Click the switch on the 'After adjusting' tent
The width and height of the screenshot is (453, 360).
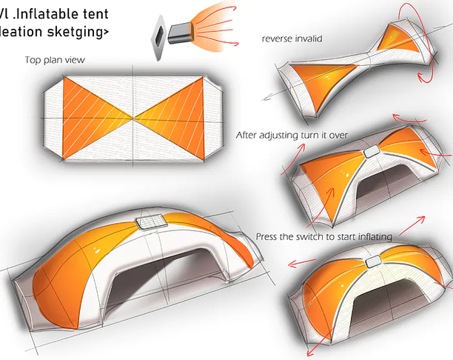pos(372,152)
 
